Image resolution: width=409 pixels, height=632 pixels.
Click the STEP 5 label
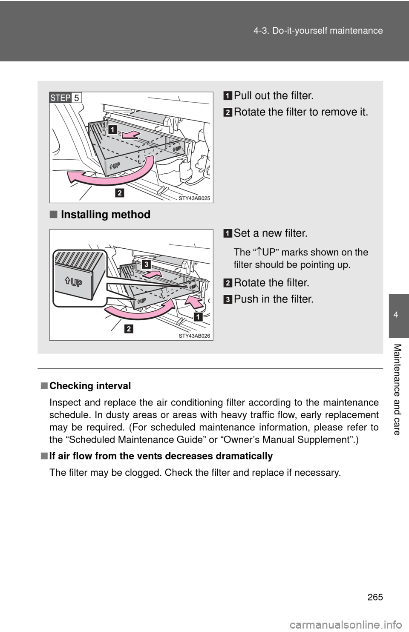[65, 98]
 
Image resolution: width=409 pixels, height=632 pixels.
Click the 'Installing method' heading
[105, 214]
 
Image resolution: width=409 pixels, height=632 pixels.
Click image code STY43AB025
[194, 198]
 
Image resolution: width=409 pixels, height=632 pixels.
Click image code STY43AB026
[194, 336]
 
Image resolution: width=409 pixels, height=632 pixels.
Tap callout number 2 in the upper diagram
[120, 193]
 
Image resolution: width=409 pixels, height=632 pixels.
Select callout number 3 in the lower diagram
[146, 265]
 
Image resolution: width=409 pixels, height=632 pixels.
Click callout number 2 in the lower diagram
[129, 328]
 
